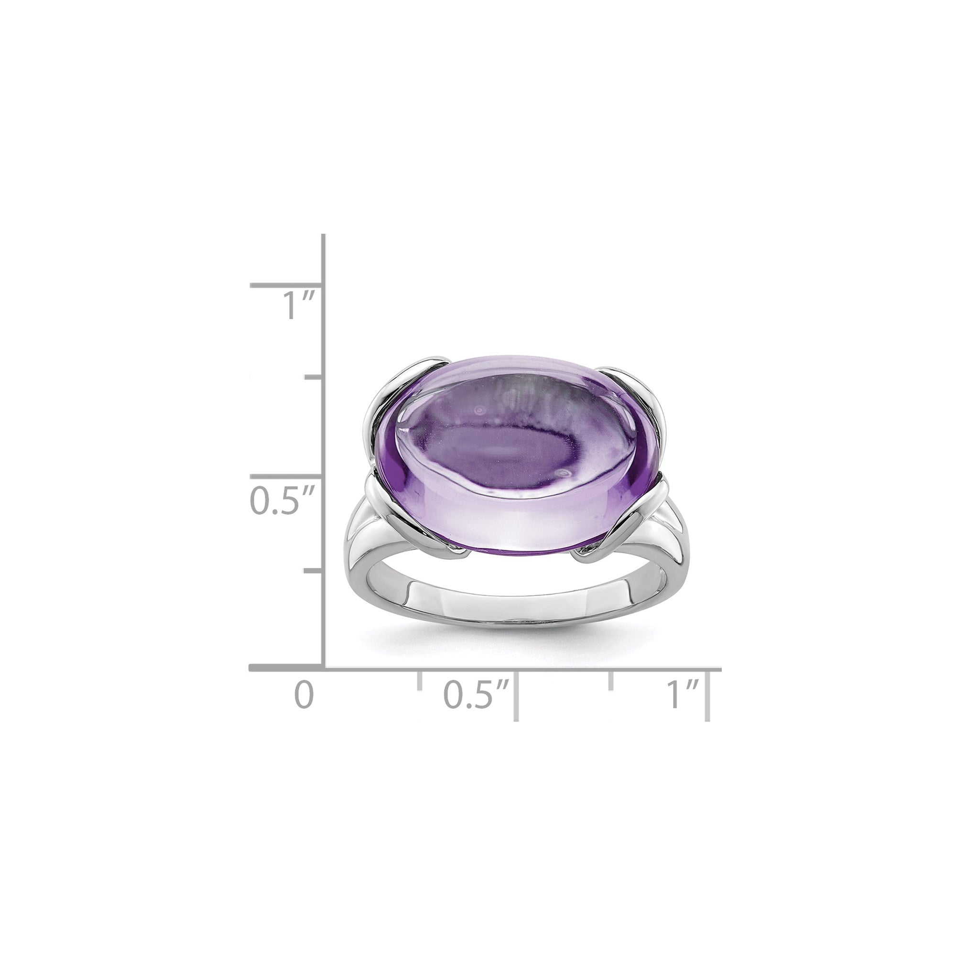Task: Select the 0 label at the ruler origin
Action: click(x=304, y=694)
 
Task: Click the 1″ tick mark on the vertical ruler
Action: click(x=287, y=285)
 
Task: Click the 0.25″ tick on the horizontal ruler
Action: click(x=420, y=681)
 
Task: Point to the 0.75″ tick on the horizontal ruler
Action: click(x=612, y=681)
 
